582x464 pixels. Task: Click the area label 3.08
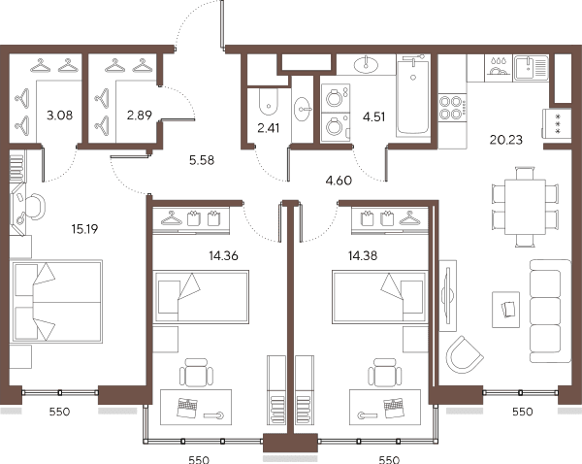pos(60,116)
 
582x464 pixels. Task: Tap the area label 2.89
pos(139,116)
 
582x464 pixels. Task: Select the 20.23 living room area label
pos(506,140)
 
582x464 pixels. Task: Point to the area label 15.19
pos(84,229)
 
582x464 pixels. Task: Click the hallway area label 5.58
pos(202,160)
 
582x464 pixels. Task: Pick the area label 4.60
pos(339,181)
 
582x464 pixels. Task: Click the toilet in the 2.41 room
pos(268,101)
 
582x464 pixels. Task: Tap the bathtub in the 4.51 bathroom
pos(413,96)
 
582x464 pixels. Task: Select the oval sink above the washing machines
pos(366,66)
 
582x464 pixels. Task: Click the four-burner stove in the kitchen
pos(452,108)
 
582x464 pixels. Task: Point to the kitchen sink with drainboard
pos(531,68)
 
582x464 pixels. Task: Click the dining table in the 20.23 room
pos(525,207)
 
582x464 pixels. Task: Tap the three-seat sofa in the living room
pos(550,311)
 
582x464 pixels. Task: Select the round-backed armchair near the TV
pos(465,354)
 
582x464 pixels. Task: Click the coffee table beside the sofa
pos(505,310)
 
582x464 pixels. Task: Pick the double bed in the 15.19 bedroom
pos(56,301)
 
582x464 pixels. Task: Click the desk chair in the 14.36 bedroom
pos(196,373)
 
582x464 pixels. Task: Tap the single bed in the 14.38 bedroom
pos(380,297)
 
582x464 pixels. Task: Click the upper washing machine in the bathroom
pos(336,98)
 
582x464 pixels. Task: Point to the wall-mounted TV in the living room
pos(447,295)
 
